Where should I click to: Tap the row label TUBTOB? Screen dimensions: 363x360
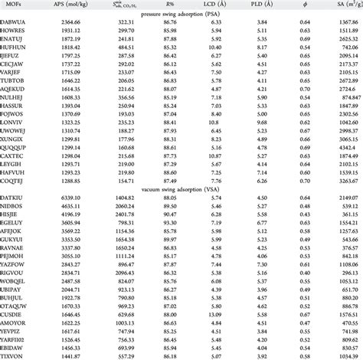[17, 78]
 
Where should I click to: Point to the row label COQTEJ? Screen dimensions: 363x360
[16, 179]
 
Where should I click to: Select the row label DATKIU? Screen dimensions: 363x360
[16, 199]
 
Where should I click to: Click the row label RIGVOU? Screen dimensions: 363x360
[16, 272]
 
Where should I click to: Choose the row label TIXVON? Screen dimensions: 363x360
[16, 356]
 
